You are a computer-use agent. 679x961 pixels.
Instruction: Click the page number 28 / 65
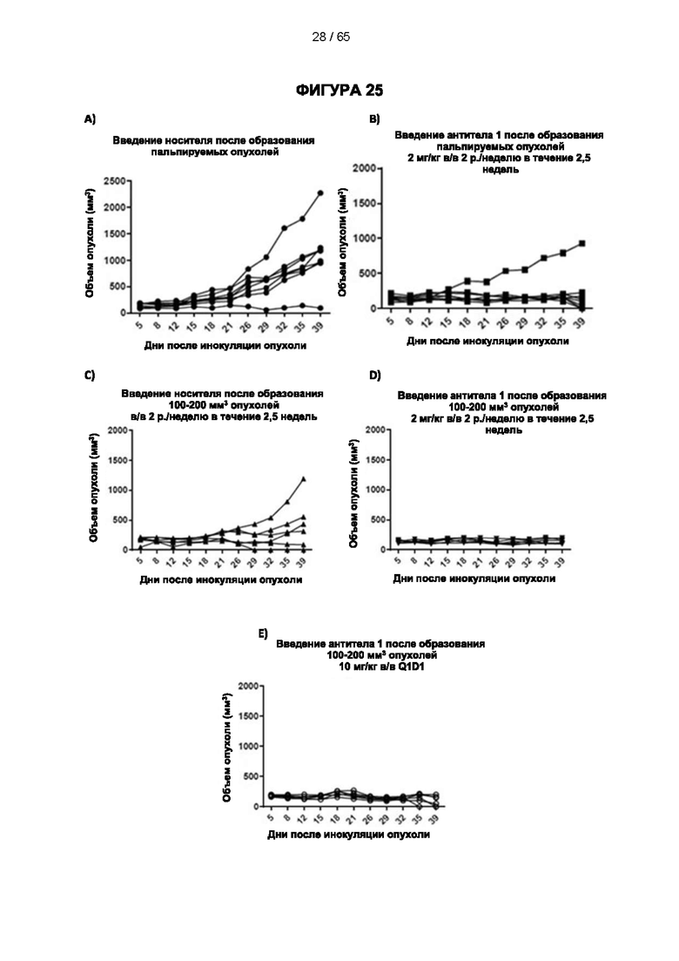(331, 37)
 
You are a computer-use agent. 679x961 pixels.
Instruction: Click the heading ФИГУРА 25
(339, 91)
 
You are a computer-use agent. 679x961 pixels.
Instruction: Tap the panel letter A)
(90, 118)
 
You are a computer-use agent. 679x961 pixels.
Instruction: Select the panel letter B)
(374, 118)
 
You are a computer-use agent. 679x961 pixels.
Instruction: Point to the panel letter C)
(90, 376)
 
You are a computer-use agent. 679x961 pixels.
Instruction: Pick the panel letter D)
(374, 376)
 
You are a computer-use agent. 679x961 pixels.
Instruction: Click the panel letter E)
(262, 633)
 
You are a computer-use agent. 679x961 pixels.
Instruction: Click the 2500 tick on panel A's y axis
(115, 181)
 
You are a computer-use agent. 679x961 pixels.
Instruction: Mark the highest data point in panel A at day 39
(320, 193)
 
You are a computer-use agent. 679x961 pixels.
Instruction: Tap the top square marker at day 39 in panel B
(582, 243)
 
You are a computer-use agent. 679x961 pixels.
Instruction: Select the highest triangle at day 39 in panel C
(304, 479)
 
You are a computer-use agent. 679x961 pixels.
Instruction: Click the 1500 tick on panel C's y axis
(117, 460)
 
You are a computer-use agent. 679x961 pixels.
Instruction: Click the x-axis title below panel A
(225, 346)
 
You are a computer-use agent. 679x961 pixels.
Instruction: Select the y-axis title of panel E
(226, 744)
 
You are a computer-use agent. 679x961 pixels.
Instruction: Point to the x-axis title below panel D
(474, 578)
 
